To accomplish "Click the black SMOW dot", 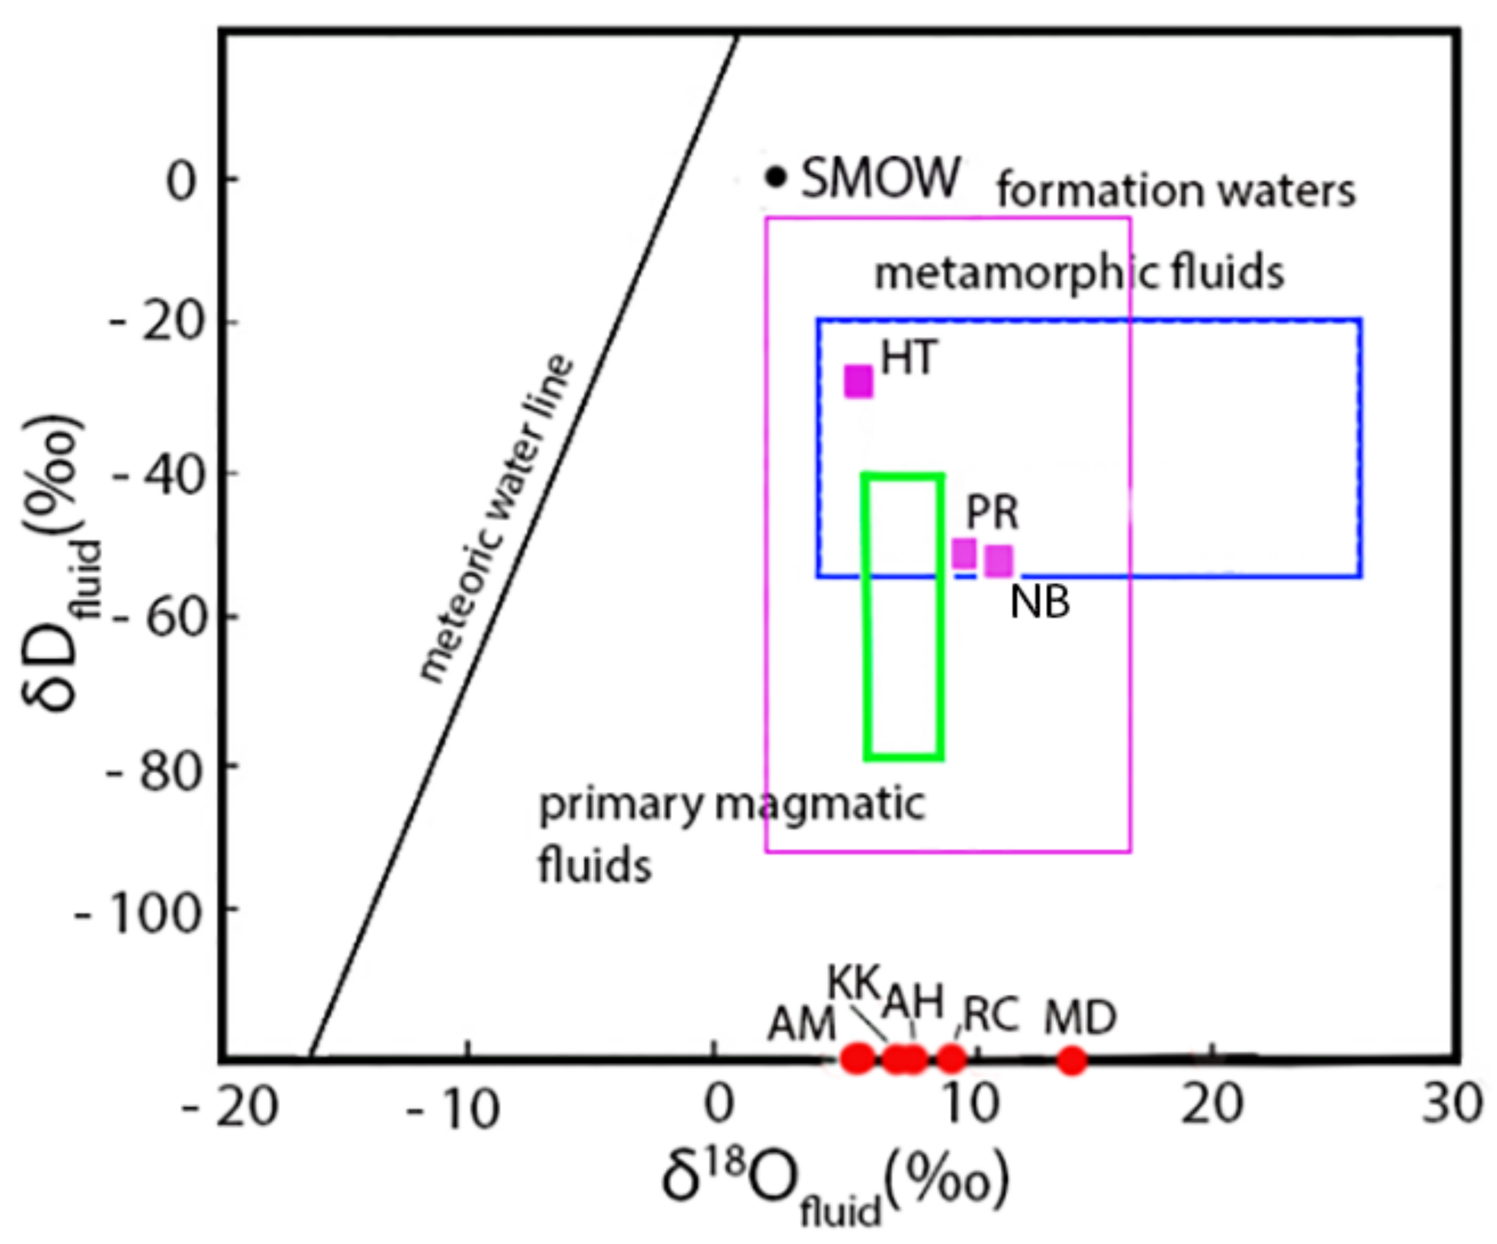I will pyautogui.click(x=776, y=175).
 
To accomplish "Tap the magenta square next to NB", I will pyautogui.click(x=999, y=561).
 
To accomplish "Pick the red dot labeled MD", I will pyautogui.click(x=1071, y=1060).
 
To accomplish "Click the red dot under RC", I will pyautogui.click(x=951, y=1058).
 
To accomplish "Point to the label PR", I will pyautogui.click(x=992, y=512).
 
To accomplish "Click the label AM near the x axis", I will pyautogui.click(x=801, y=1025).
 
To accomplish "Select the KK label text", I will pyautogui.click(x=854, y=983).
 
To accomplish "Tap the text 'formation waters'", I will pyautogui.click(x=1175, y=191).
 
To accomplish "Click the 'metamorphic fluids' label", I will pyautogui.click(x=1079, y=273).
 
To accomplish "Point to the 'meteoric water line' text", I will pyautogui.click(x=496, y=519).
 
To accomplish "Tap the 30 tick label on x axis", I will pyautogui.click(x=1452, y=1105).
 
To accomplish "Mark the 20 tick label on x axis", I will pyautogui.click(x=1212, y=1105).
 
